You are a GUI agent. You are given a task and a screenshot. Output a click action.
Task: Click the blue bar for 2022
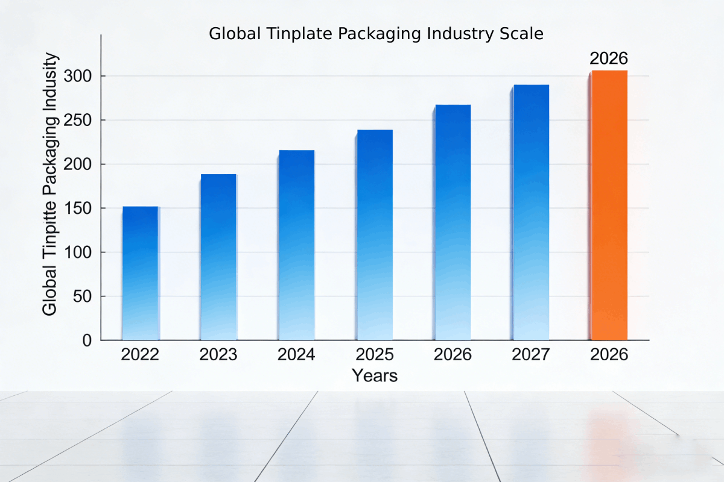click(x=140, y=274)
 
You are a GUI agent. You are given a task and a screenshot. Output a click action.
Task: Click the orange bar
click(x=609, y=205)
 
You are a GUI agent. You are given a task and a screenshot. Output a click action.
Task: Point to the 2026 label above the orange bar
click(x=609, y=58)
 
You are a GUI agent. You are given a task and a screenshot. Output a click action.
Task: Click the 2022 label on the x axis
click(x=140, y=354)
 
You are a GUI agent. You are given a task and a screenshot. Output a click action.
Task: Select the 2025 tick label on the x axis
click(x=375, y=354)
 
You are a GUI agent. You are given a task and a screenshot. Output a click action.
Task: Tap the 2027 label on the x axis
click(x=531, y=354)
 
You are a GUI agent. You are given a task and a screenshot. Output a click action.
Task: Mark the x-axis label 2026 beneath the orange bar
click(x=609, y=354)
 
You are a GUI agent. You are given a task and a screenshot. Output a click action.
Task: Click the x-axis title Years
click(x=375, y=376)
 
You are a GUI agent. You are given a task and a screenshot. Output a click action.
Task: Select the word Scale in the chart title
click(x=522, y=34)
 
